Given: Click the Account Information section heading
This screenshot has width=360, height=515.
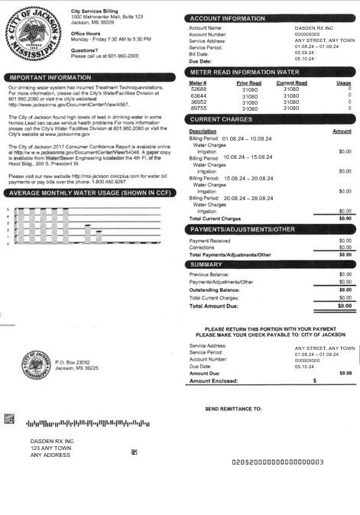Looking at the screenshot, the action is (x=228, y=18).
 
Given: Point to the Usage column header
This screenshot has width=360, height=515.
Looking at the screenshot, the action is (x=343, y=83).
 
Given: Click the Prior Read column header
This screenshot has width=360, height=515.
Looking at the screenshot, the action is (x=248, y=83).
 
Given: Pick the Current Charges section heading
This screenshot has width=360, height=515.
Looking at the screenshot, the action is (x=222, y=120).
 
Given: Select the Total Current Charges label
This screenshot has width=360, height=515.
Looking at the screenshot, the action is (x=215, y=219).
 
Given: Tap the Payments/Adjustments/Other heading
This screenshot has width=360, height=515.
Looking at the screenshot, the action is (x=242, y=229).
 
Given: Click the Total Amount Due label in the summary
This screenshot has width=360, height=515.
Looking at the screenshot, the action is (x=218, y=306).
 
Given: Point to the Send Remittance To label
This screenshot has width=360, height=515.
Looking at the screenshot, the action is (x=233, y=410).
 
